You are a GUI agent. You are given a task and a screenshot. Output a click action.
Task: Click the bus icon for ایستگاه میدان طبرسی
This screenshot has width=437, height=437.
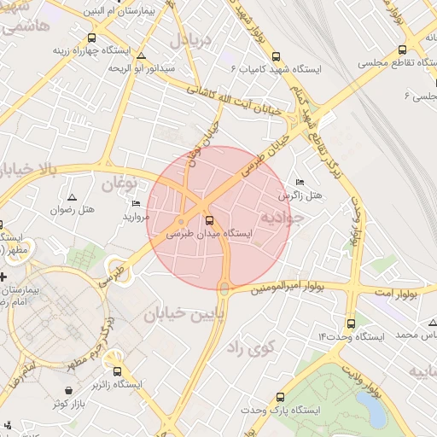coord(210,220)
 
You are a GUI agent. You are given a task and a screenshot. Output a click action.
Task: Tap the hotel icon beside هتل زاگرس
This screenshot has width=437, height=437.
coord(299,183)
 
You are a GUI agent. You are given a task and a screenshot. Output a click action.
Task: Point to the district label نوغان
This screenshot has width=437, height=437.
coord(119,183)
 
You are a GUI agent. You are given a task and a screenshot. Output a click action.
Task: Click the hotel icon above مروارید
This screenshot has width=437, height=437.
coord(137,203)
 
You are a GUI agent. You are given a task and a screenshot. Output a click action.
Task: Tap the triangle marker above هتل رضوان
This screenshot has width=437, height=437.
coord(71,197)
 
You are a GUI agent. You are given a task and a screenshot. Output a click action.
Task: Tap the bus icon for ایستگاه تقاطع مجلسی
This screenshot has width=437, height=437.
coord(402,51)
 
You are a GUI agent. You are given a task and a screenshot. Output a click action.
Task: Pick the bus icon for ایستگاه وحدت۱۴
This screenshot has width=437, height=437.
coord(351,323)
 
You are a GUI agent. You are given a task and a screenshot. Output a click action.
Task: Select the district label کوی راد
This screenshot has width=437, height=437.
coord(253,347)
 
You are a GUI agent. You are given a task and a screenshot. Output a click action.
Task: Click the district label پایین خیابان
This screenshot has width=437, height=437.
coord(183,315)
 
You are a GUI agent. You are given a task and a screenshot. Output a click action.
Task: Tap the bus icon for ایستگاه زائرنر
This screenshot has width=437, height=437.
coord(118,370)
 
